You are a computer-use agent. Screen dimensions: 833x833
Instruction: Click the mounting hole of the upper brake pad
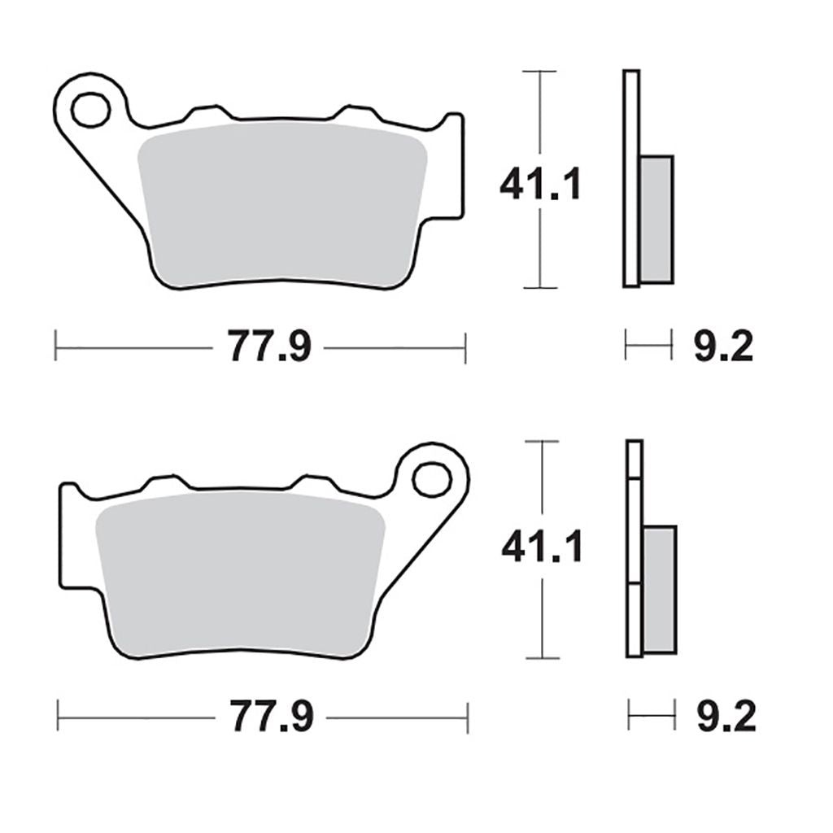91,110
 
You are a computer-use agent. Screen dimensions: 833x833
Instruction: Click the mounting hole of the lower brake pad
432,480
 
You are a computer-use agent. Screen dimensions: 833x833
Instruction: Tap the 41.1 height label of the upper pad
541,184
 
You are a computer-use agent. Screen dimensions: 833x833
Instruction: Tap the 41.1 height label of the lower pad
543,546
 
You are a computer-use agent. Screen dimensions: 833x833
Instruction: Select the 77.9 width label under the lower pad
272,717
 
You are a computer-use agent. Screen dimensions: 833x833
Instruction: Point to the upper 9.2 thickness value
723,347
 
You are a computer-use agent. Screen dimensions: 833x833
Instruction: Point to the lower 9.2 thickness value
726,717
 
